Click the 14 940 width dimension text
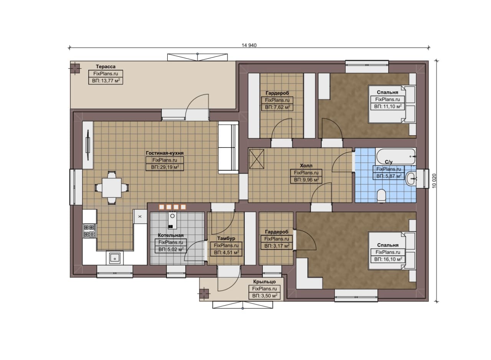click(x=249, y=45)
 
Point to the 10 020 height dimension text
click(x=434, y=181)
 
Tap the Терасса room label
click(x=105, y=66)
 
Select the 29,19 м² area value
click(x=165, y=167)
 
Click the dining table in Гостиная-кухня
click(x=112, y=188)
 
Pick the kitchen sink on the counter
click(x=115, y=258)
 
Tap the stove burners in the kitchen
click(x=89, y=231)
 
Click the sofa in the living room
click(x=228, y=148)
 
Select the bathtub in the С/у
click(x=395, y=156)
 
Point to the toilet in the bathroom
click(x=381, y=196)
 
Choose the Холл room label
click(x=306, y=165)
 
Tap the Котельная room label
click(x=171, y=235)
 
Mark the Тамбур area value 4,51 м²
click(x=226, y=252)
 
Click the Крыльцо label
click(x=264, y=281)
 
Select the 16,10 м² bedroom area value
click(x=388, y=259)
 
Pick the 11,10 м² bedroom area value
click(x=388, y=107)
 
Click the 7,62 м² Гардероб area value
click(x=277, y=107)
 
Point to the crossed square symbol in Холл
click(x=257, y=159)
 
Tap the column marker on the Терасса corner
click(x=75, y=68)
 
